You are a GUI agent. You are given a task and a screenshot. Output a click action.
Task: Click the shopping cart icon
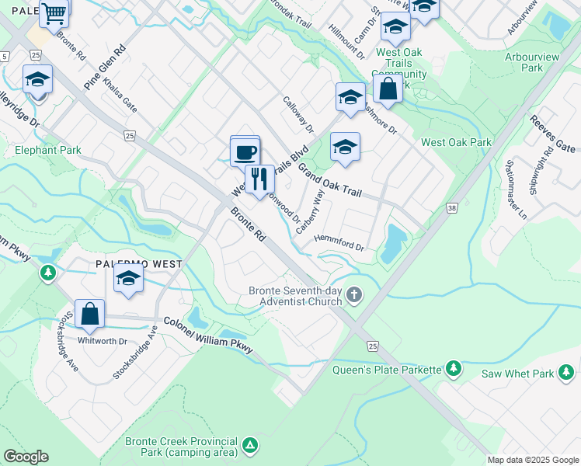[x=54, y=13]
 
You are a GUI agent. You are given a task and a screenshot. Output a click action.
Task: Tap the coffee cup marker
[x=245, y=150]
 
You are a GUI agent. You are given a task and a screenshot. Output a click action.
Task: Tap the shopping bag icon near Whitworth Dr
[x=90, y=314]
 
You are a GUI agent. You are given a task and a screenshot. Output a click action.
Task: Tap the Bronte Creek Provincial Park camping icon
[x=249, y=446]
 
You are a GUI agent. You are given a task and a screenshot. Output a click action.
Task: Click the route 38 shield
[x=452, y=208]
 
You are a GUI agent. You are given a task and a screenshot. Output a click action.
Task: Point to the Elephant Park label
[x=47, y=150]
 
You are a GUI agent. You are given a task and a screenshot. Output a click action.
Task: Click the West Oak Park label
[x=457, y=143]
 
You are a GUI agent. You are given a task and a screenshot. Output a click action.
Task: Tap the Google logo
[x=26, y=456]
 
